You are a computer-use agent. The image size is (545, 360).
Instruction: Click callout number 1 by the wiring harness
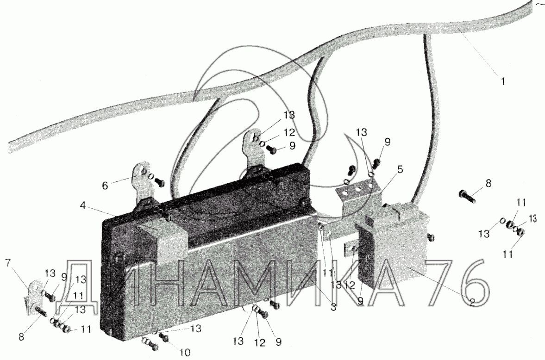click(503, 81)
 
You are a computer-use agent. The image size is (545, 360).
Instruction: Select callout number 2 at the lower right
click(471, 303)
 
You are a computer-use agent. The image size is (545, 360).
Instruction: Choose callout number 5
click(400, 169)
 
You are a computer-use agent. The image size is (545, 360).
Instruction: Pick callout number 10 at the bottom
click(185, 353)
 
